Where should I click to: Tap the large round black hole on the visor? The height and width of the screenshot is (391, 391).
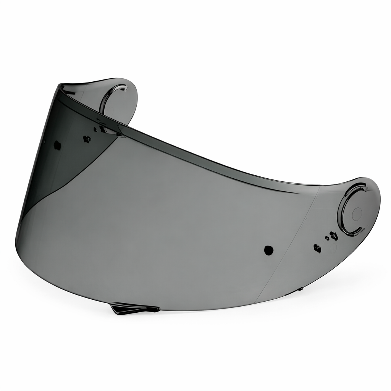point(269,250)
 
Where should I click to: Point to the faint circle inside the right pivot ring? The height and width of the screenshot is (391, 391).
point(357,214)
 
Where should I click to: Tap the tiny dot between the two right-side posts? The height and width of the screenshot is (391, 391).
point(327,238)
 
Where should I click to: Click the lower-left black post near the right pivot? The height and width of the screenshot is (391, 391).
point(317,248)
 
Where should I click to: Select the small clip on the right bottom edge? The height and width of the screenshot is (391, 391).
point(300,289)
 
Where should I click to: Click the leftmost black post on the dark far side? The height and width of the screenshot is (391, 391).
point(57,145)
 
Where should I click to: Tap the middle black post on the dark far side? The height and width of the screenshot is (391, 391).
point(87,139)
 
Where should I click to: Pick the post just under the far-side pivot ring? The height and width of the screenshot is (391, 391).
point(103,130)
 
